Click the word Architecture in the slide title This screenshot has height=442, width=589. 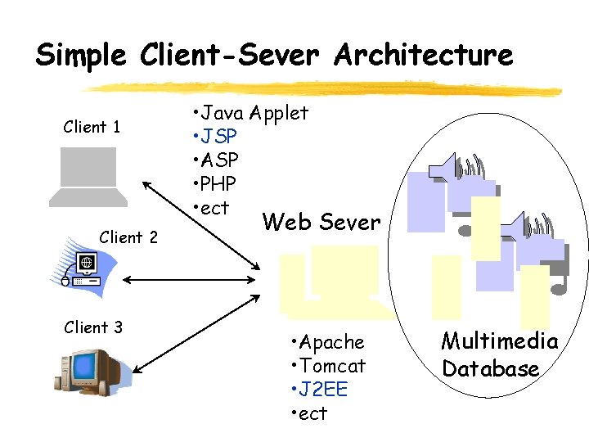tap(423, 55)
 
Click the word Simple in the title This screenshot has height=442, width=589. tap(81, 56)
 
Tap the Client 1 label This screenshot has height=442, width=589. tap(92, 127)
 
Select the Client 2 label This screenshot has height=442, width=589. tap(128, 237)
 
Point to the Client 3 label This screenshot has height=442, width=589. tap(93, 327)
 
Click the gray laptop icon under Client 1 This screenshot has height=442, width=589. tap(88, 177)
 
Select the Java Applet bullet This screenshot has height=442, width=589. tap(250, 112)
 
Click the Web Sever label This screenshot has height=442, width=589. tap(321, 222)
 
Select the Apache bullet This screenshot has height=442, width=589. tap(327, 341)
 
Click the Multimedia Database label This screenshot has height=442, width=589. tap(499, 354)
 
